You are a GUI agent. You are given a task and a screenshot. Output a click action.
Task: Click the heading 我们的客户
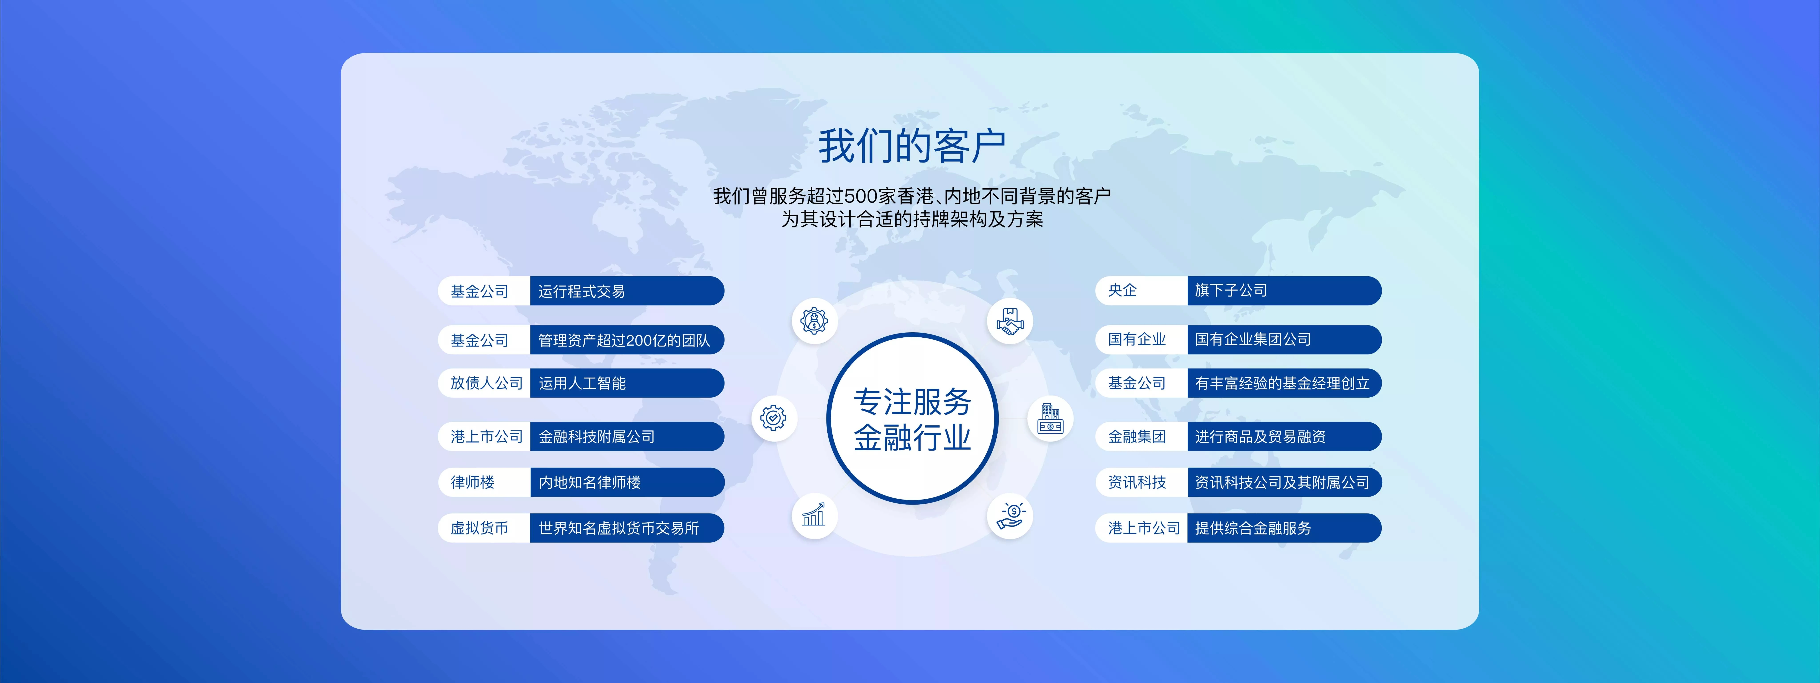coord(911,146)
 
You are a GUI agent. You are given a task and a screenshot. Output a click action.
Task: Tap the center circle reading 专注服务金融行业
coord(912,419)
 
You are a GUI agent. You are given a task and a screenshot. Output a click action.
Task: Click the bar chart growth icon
coord(814,515)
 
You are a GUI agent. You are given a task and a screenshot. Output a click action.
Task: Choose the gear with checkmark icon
coord(774,418)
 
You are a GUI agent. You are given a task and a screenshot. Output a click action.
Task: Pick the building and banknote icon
coord(1050,418)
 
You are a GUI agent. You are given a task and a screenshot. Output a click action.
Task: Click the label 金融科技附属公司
coord(596,436)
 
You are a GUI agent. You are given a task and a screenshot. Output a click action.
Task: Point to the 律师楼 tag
coord(473,482)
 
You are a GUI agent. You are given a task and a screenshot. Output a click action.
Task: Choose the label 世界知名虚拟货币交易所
coord(618,528)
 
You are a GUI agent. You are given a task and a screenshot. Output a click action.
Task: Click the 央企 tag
coord(1123,290)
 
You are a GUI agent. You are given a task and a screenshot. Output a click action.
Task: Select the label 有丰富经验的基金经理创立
coord(1282,383)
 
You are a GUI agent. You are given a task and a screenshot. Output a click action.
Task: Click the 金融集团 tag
coord(1137,436)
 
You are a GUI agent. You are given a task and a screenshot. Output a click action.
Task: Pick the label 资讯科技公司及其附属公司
coord(1282,482)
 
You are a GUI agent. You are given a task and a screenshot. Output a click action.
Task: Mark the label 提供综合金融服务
coord(1253,528)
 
